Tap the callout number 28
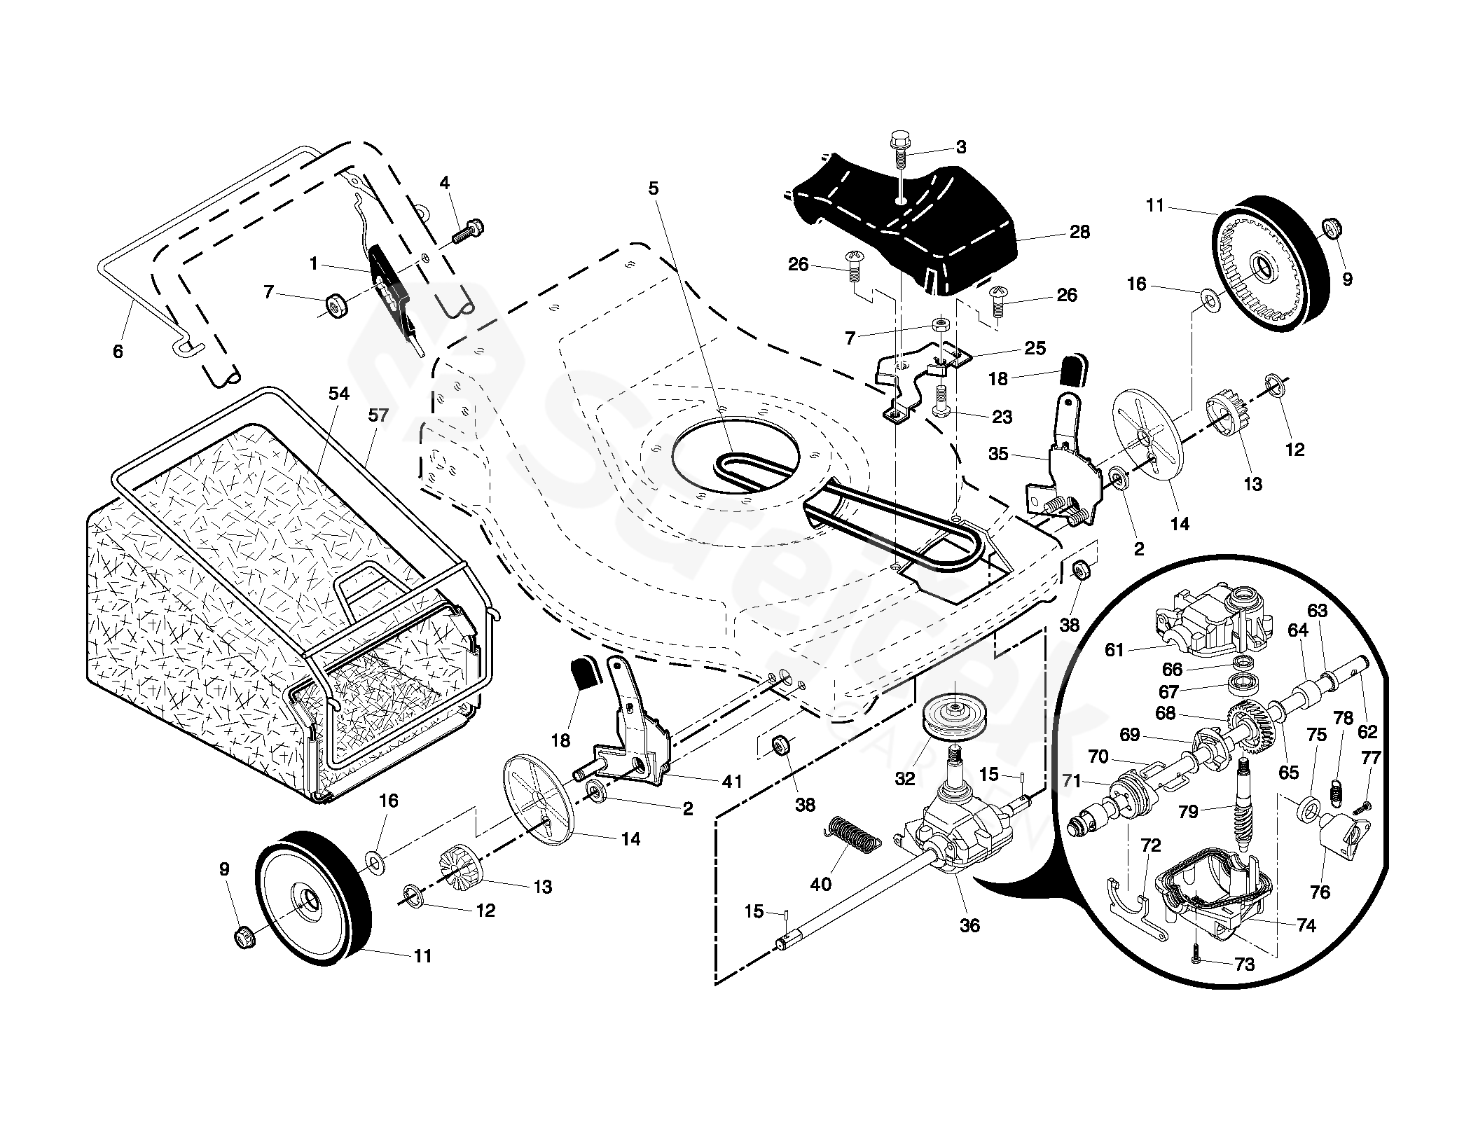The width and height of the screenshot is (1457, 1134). click(x=1079, y=232)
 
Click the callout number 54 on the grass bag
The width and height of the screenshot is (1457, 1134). click(x=338, y=394)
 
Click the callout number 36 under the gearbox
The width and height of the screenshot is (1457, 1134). click(x=969, y=925)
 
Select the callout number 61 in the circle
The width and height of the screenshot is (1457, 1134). click(x=1114, y=650)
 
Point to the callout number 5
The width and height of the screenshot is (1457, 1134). click(x=653, y=188)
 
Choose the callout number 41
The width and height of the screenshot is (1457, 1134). click(x=732, y=781)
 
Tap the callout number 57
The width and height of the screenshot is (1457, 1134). click(x=378, y=415)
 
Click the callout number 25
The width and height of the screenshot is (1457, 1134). click(x=1035, y=348)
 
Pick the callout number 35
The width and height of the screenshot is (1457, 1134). click(x=998, y=454)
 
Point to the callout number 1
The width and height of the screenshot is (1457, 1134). click(x=314, y=264)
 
